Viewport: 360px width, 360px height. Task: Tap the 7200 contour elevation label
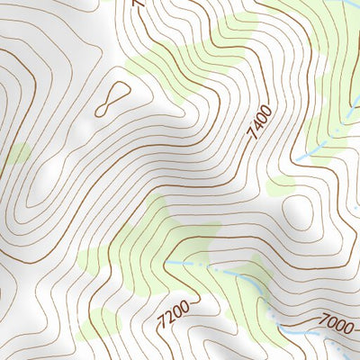[x=172, y=315]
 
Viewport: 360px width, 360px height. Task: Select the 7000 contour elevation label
[x=334, y=322]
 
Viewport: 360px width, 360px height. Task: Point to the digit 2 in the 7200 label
[x=168, y=318]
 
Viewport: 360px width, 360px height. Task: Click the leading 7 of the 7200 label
[x=161, y=325]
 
